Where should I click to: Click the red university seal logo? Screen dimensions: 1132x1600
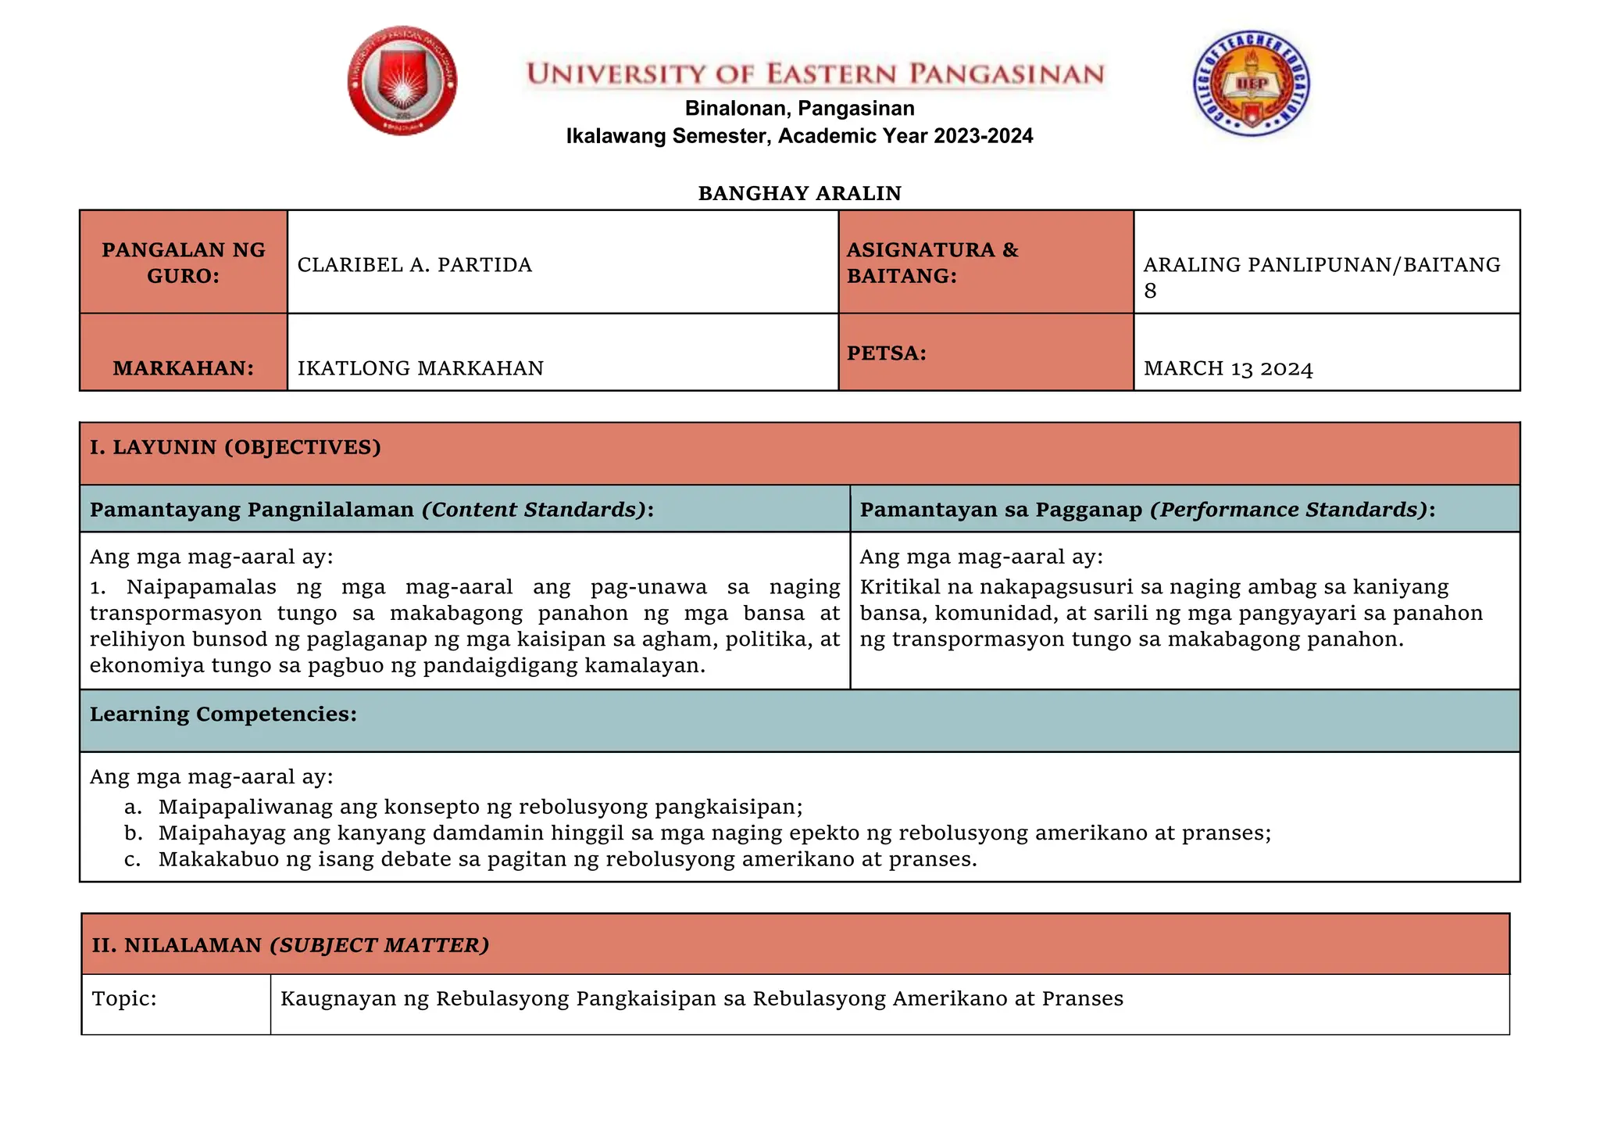402,81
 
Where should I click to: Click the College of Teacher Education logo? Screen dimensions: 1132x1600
1252,84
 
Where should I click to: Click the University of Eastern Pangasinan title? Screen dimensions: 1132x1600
815,74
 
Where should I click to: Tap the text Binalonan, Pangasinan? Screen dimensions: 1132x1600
799,108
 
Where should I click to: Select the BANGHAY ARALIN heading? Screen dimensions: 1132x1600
799,193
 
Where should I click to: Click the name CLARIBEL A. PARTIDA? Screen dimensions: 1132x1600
414,265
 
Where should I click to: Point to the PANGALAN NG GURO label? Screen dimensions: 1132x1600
184,263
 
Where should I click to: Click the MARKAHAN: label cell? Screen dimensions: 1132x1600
184,367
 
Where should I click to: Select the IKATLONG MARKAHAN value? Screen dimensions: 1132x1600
420,367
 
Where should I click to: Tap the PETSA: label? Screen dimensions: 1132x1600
887,353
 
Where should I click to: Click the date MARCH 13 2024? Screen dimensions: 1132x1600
1228,368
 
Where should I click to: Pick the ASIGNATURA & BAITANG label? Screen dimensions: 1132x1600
932,263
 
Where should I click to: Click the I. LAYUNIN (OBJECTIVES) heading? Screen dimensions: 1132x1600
235,447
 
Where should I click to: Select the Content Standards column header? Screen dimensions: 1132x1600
372,510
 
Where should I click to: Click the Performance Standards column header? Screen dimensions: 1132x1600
1147,510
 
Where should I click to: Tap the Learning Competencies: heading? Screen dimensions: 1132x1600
223,714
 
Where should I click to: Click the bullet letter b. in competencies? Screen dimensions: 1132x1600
133,833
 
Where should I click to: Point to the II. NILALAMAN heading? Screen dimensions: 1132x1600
290,945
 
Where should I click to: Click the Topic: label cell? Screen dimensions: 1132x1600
124,998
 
